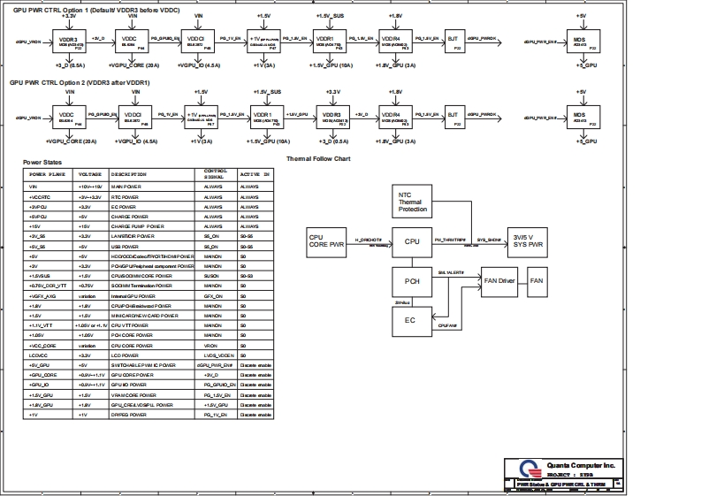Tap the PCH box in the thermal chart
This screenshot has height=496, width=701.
412,281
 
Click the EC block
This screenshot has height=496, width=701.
410,321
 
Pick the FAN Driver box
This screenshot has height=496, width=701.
499,281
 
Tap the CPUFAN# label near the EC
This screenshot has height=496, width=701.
448,325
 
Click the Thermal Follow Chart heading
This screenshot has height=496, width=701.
319,159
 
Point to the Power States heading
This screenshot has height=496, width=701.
42,163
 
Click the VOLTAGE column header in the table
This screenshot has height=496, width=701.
90,175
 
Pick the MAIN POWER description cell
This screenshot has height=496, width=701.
126,187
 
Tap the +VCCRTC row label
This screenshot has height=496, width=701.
40,196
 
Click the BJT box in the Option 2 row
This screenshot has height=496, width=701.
453,116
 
